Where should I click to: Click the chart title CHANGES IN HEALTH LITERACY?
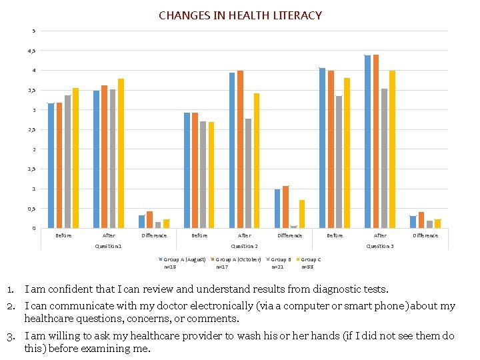pyautogui.click(x=240, y=15)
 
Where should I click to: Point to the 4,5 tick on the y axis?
pyautogui.click(x=34, y=51)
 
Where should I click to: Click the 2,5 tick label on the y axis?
pyautogui.click(x=34, y=130)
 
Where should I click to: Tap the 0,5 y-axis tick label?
pyautogui.click(x=34, y=209)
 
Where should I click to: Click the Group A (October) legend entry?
pyautogui.click(x=236, y=259)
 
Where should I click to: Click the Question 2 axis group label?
pyautogui.click(x=244, y=247)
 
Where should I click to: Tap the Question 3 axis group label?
pyautogui.click(x=380, y=247)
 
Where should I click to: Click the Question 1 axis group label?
pyautogui.click(x=108, y=247)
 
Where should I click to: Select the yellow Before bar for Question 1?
pyautogui.click(x=75, y=158)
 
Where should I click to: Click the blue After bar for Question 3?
pyautogui.click(x=367, y=141)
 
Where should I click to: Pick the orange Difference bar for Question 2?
pyautogui.click(x=286, y=207)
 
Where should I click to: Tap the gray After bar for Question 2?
pyautogui.click(x=249, y=173)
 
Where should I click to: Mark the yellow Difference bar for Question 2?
pyautogui.click(x=302, y=214)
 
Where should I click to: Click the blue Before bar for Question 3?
pyautogui.click(x=323, y=148)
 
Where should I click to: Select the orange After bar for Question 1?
pyautogui.click(x=105, y=157)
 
